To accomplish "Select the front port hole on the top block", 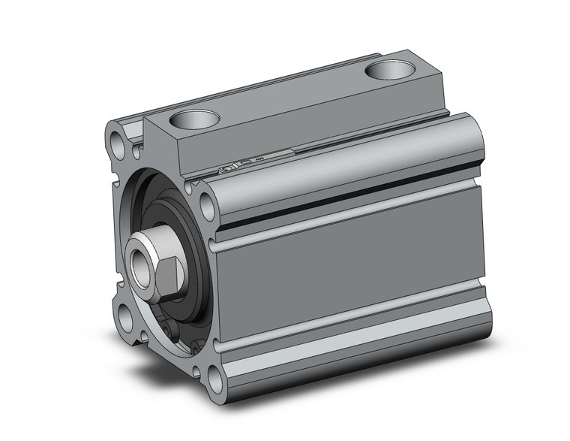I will (194, 119).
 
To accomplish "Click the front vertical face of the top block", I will (161, 150).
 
